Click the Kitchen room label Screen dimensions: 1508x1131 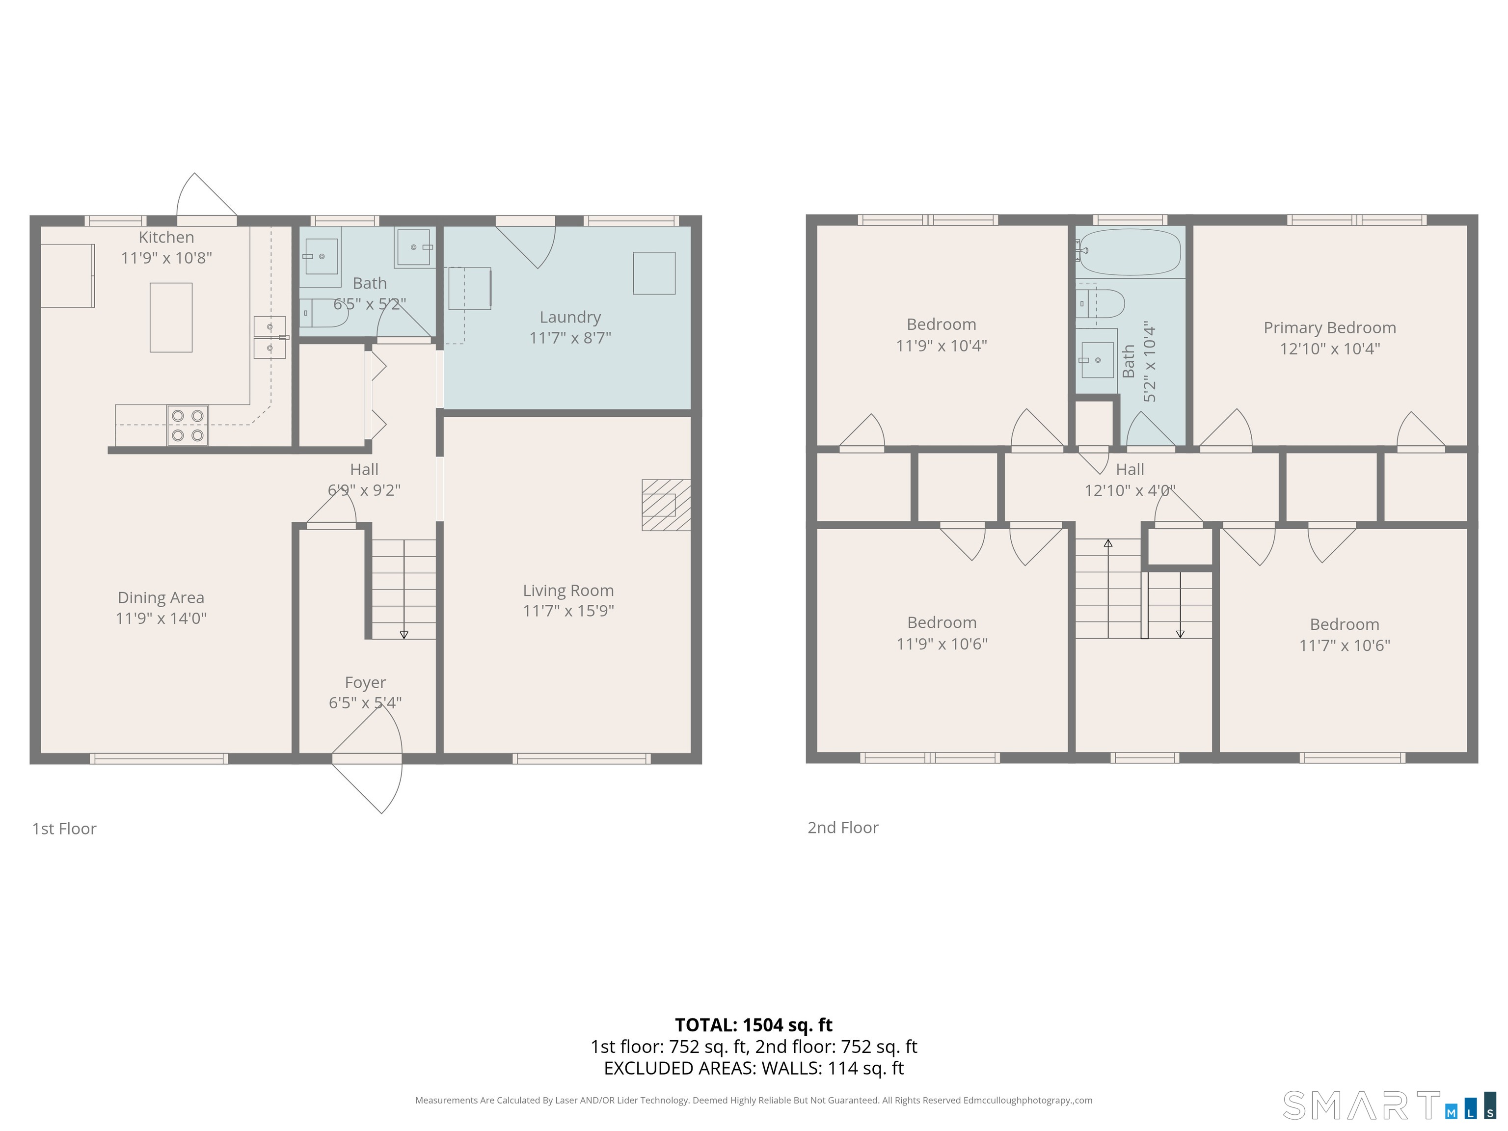point(166,237)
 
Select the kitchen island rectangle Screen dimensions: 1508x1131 point(171,318)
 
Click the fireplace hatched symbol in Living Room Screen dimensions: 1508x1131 point(666,505)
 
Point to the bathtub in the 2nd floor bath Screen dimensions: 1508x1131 point(1131,251)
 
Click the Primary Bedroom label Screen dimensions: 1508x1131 point(1329,328)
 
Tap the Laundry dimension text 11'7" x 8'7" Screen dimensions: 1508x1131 point(570,337)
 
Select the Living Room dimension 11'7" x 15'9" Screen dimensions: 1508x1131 point(568,611)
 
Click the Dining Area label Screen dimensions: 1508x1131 point(161,598)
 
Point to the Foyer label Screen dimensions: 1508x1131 point(365,682)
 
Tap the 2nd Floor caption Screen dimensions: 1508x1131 point(843,828)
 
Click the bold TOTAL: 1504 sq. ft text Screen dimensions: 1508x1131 point(754,1024)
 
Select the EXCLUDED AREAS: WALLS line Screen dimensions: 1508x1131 point(754,1068)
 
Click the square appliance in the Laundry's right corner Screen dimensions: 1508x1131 point(654,273)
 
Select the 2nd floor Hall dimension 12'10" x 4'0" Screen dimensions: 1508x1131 point(1131,491)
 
